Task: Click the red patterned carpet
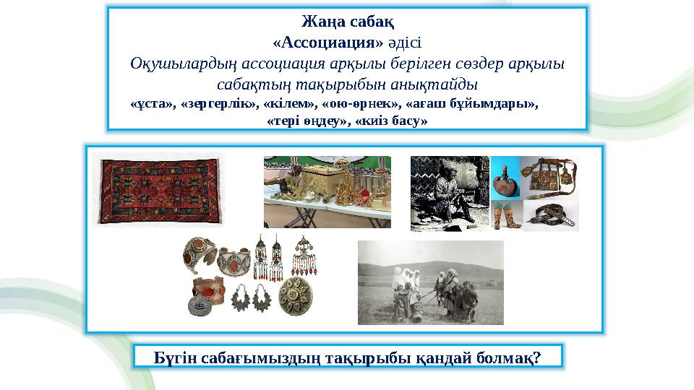click(x=161, y=191)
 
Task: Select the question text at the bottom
click(x=348, y=357)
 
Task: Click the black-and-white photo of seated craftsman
click(x=450, y=193)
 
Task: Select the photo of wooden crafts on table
click(x=327, y=191)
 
